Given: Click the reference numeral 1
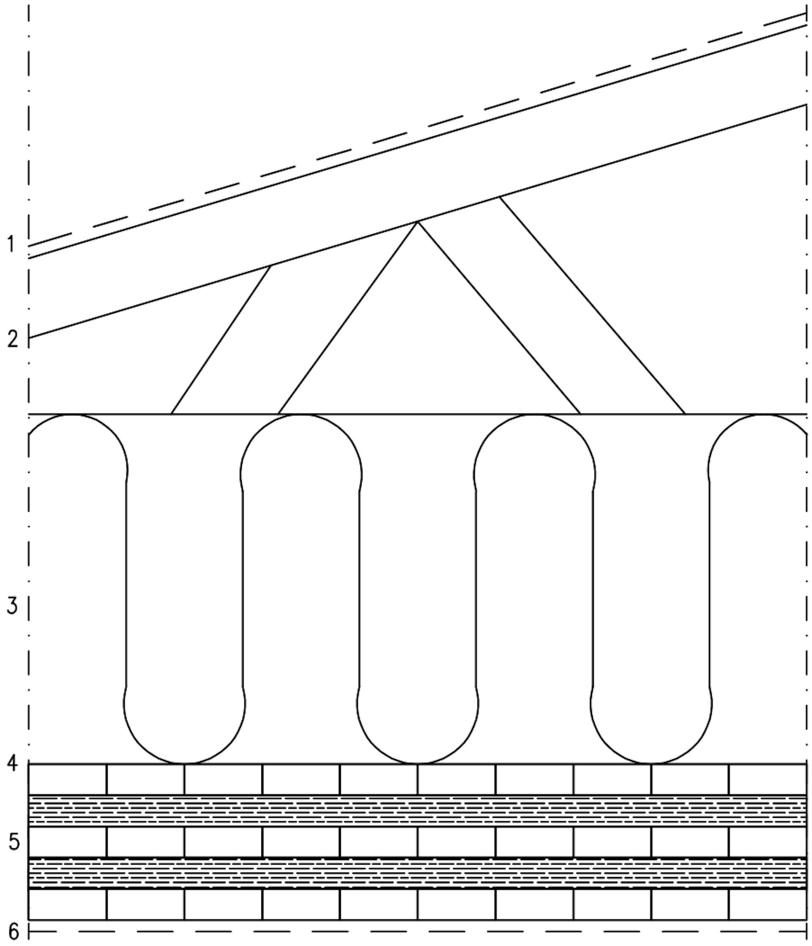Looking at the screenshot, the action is [11, 244].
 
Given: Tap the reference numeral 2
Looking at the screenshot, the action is [13, 339].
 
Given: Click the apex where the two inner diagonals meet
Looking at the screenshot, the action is [417, 222].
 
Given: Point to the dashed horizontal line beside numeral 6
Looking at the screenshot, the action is [417, 931].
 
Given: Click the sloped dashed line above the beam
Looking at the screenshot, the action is [417, 130].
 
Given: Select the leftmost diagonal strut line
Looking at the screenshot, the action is [221, 340].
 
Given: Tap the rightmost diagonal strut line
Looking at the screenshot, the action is [593, 305].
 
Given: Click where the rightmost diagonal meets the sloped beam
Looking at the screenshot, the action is [499, 197].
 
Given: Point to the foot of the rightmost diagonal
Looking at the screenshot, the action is [685, 414].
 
